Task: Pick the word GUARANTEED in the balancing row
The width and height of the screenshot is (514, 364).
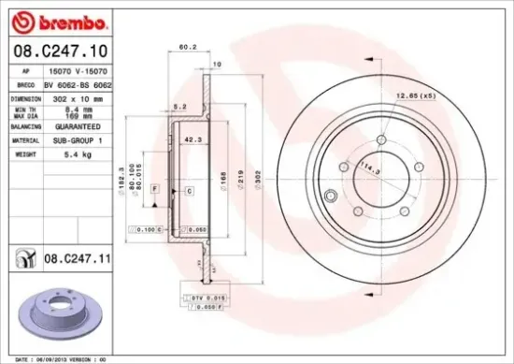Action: click(x=79, y=124)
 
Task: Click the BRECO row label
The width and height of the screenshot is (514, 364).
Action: click(x=25, y=83)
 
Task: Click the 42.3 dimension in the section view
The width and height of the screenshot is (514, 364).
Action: click(x=193, y=140)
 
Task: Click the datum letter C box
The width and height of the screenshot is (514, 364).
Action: click(x=189, y=190)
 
